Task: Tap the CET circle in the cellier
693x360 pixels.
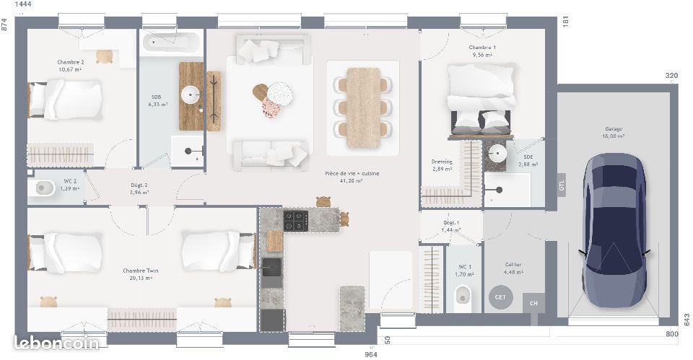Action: [499, 297]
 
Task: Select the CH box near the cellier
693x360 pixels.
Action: [533, 303]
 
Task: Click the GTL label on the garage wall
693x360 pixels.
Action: [562, 185]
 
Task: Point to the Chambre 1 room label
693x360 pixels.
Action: [482, 48]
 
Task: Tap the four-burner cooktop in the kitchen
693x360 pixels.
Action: [296, 220]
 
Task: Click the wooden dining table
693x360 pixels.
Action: [363, 107]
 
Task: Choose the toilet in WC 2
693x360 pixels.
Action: [45, 188]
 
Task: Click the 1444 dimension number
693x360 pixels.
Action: [23, 5]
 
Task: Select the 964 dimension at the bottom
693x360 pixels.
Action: [370, 354]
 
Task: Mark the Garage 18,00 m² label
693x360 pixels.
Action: [614, 132]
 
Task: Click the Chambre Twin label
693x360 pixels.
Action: [141, 271]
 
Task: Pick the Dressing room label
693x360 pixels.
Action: [442, 162]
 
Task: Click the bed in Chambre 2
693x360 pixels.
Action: [65, 100]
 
